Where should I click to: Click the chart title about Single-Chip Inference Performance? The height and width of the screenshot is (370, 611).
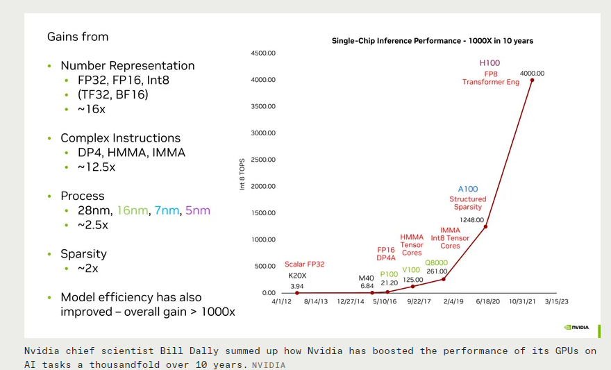pos(432,41)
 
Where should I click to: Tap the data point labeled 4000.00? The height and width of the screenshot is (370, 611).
pos(532,80)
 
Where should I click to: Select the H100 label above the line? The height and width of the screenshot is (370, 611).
pos(489,63)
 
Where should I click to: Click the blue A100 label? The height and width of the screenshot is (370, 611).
pos(468,189)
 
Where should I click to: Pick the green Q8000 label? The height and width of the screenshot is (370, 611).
pos(436,262)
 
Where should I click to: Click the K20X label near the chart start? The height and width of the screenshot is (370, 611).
pos(297,276)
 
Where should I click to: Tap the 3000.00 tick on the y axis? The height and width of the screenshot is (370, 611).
pos(263,133)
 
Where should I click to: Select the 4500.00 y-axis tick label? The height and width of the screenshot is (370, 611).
pos(263,53)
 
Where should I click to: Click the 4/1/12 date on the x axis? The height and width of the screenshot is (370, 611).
pos(283,302)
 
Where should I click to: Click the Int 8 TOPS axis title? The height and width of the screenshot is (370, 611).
pos(242,174)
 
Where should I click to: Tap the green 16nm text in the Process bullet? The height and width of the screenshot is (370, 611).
pos(132,210)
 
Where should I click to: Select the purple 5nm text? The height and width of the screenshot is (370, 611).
pos(198,210)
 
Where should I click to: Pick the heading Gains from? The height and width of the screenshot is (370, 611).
pos(78,37)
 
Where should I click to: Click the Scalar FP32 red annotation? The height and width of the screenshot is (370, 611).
pos(305,264)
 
